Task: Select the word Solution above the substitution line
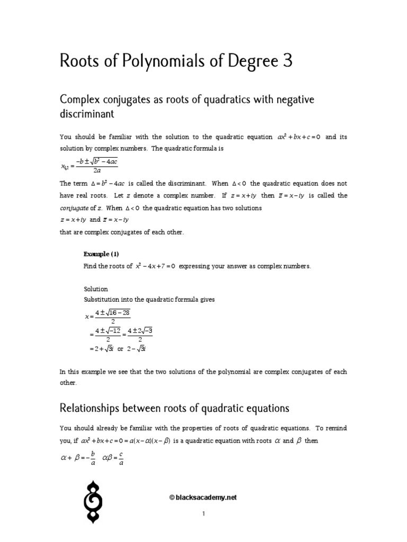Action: (96, 289)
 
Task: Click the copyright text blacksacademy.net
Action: (203, 498)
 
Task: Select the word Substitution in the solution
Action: (102, 300)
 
